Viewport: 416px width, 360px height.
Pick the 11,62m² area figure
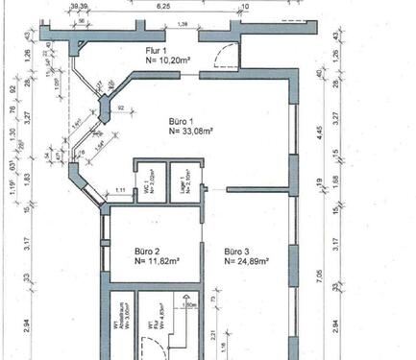tap(154, 259)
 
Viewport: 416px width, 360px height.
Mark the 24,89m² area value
tap(246, 259)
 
